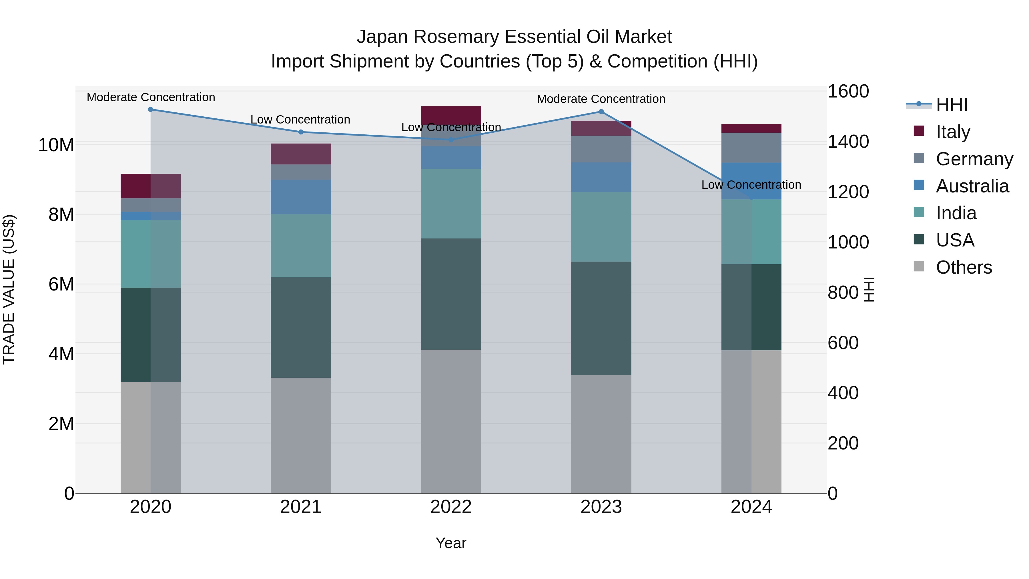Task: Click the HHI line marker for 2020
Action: pos(151,110)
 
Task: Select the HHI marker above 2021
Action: pos(301,132)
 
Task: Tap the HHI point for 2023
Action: pos(601,112)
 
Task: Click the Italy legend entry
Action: pos(953,132)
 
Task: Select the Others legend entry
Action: pos(964,267)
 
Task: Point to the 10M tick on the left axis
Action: pos(56,145)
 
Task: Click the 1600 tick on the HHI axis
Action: pos(848,91)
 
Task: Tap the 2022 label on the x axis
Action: pos(451,507)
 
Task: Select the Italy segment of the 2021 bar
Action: pos(301,154)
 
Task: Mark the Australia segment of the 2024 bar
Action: pos(751,181)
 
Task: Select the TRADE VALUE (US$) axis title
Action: pos(9,289)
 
